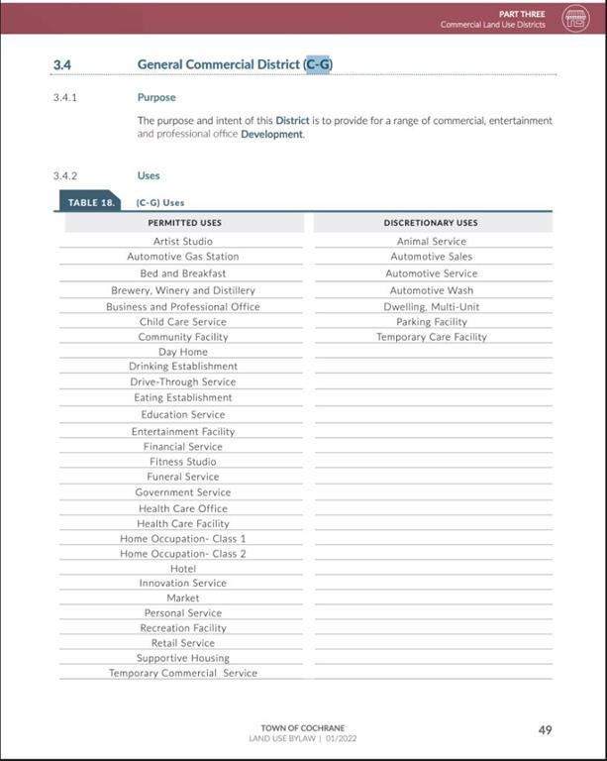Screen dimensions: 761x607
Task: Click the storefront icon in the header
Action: [575, 19]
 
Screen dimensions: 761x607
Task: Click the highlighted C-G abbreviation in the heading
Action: [319, 64]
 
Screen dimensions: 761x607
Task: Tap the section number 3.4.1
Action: [65, 98]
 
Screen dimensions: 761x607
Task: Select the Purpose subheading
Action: [156, 98]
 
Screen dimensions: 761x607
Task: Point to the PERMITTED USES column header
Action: [184, 223]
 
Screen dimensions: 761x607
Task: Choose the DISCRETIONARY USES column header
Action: [431, 223]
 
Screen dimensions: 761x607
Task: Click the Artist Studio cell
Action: [182, 241]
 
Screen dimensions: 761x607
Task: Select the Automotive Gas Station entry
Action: [182, 257]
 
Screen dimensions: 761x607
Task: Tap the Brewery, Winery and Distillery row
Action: [182, 290]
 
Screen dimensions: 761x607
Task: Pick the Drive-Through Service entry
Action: [182, 381]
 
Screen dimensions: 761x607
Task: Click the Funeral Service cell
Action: [182, 477]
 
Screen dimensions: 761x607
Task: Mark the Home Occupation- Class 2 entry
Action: [182, 554]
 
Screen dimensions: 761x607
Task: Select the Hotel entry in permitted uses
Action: [182, 569]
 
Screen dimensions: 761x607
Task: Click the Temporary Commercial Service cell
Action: [182, 674]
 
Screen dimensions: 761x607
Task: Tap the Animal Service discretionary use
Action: [431, 241]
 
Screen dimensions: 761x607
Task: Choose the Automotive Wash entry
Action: [431, 290]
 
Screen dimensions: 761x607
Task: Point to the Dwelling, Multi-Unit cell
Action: [431, 307]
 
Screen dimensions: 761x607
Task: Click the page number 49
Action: [545, 730]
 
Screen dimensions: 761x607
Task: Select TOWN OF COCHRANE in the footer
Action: [310, 728]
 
